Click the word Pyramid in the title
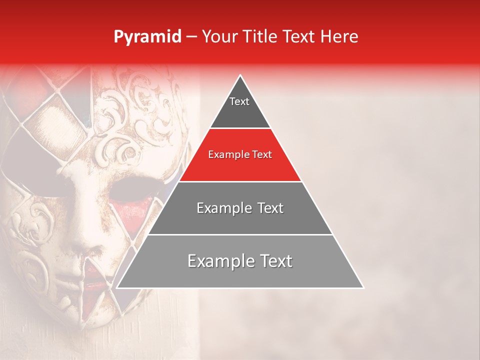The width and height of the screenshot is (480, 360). coord(147,37)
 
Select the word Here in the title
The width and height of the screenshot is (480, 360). coord(339,37)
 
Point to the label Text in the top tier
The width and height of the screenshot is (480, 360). coord(239,101)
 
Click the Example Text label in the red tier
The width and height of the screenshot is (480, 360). coord(240,154)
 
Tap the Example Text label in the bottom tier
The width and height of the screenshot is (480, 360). coord(240,261)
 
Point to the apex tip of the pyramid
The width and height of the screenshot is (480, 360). coord(240,76)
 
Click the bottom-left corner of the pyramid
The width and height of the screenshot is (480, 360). coord(117,287)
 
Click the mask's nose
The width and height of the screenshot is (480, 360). coord(85,235)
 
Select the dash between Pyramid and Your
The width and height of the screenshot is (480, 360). coord(191,37)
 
